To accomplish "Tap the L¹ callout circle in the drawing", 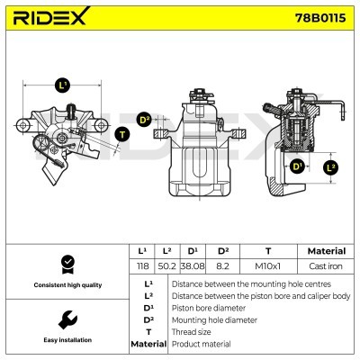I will (x=62, y=85).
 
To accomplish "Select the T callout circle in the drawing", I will (x=122, y=134).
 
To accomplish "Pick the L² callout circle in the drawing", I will (x=330, y=166).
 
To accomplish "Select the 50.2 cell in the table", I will (x=166, y=267).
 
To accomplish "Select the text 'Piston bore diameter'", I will (x=207, y=307).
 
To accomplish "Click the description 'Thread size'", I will (x=193, y=332).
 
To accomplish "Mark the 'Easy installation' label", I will (x=66, y=341).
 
